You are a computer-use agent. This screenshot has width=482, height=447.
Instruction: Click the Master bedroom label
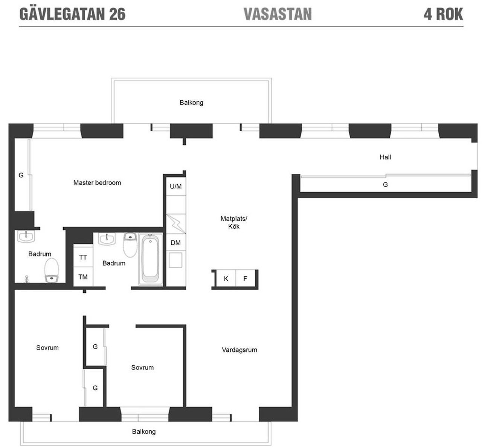97,182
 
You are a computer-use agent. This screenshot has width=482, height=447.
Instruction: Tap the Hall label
385,157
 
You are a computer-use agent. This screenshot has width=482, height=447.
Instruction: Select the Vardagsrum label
239,350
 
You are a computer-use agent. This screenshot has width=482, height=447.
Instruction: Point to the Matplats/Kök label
234,222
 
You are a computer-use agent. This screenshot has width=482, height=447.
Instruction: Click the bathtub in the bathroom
151,259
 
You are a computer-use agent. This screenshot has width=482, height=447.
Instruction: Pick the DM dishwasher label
175,243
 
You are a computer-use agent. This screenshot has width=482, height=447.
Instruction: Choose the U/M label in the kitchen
176,186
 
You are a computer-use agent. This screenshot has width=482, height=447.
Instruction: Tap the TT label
83,257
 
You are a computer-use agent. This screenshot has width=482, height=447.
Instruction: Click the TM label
83,277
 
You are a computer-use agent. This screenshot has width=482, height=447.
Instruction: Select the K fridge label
226,279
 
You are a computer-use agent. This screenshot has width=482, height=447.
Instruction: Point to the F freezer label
245,279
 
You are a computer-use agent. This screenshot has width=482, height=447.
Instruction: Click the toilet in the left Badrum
52,271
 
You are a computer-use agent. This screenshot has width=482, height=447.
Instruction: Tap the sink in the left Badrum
26,236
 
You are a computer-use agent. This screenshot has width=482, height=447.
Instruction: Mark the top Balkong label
191,103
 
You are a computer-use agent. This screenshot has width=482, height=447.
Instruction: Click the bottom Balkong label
144,432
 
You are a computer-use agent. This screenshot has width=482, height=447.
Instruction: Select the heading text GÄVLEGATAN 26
72,14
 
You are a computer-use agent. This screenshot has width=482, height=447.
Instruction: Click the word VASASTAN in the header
278,14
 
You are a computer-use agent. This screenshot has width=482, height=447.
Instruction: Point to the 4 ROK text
444,14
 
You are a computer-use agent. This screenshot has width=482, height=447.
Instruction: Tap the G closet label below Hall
385,185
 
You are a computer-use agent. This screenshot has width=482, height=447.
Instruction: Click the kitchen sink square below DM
175,260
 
